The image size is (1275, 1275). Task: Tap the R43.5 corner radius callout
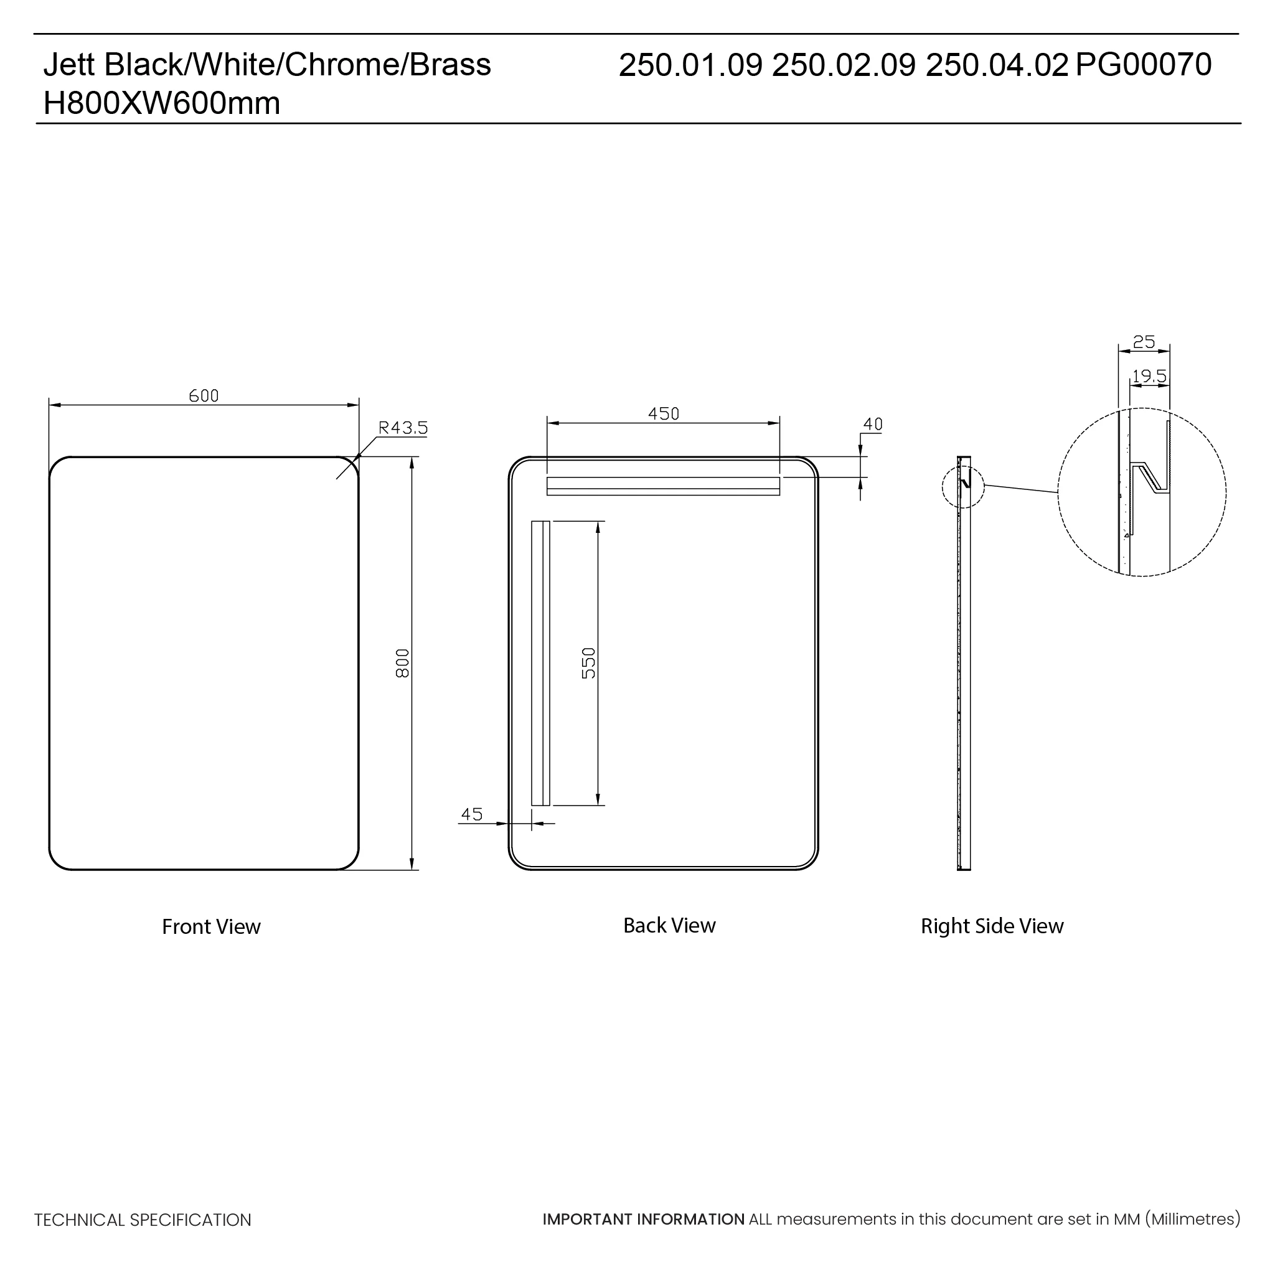[x=403, y=428]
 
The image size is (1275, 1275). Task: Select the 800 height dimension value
[x=403, y=662]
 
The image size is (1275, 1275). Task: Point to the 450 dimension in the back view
[x=663, y=414]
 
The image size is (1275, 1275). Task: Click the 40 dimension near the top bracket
[x=872, y=425]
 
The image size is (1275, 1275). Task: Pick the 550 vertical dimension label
[x=589, y=662]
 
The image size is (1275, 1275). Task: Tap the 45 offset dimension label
[x=472, y=814]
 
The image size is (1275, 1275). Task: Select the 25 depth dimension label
[x=1144, y=342]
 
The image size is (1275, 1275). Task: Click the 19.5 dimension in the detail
[x=1149, y=376]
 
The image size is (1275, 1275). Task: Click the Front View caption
[x=211, y=926]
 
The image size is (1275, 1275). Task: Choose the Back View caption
[x=669, y=925]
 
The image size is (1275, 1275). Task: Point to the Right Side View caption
[x=992, y=926]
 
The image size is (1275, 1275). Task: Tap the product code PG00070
[x=1144, y=65]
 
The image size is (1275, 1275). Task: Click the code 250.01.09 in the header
[x=691, y=65]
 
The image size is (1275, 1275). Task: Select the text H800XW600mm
[x=162, y=103]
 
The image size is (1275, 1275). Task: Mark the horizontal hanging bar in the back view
[x=663, y=486]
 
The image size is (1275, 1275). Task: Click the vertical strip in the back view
[x=540, y=662]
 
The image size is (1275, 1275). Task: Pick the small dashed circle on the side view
[x=963, y=487]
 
